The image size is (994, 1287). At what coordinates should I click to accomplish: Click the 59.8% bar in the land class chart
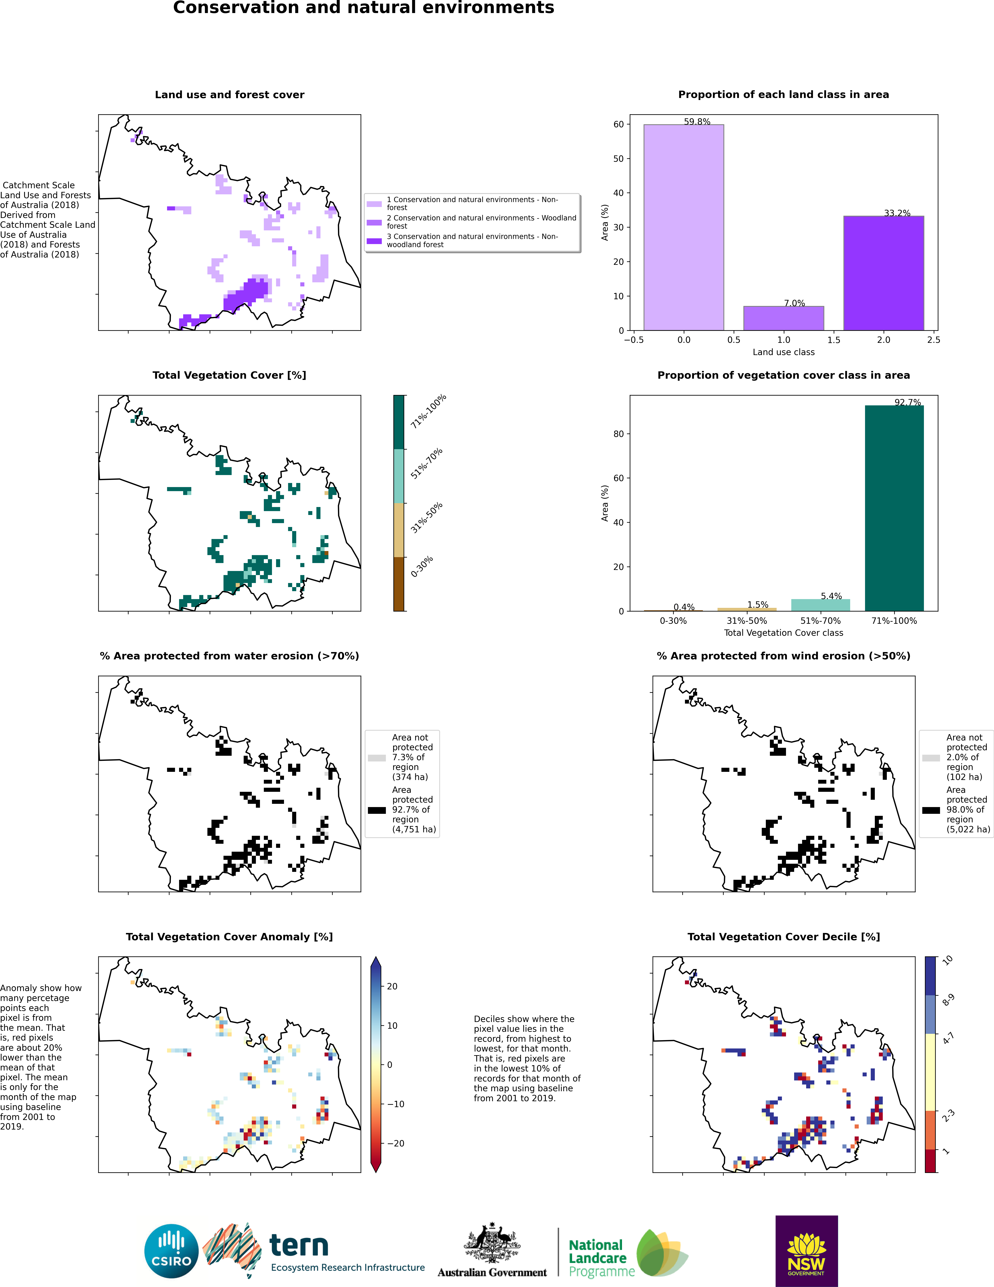(684, 228)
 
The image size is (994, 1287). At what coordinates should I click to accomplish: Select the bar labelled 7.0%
(784, 318)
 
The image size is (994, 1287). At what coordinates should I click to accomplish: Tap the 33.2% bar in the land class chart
(884, 273)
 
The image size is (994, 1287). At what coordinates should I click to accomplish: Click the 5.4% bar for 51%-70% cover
(821, 605)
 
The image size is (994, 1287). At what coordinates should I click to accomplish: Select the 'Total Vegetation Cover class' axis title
(784, 633)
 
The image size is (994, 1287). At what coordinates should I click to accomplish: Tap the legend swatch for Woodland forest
(374, 222)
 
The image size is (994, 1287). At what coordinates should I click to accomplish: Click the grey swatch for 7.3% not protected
(377, 758)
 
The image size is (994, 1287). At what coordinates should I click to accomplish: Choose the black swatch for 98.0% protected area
(931, 810)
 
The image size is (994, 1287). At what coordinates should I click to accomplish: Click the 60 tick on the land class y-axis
(619, 124)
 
